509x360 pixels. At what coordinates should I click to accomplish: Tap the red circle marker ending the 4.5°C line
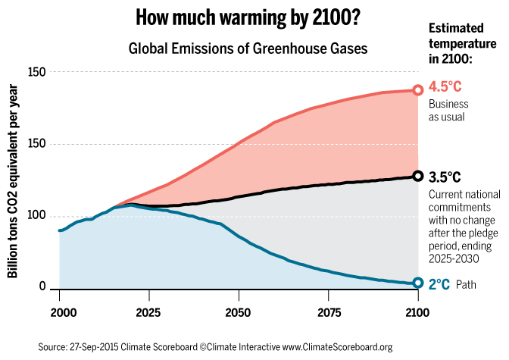coord(417,89)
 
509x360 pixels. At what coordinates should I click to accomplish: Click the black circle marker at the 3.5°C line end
coord(417,176)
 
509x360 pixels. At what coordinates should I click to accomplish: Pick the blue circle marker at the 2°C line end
coord(417,283)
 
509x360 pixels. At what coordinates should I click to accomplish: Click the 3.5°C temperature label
coord(445,177)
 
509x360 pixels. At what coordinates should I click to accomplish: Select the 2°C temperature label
coord(440,285)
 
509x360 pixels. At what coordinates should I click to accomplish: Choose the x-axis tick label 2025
coord(148,311)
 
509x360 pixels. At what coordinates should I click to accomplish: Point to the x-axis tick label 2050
coord(238,311)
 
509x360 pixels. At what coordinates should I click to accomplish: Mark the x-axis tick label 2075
coord(328,311)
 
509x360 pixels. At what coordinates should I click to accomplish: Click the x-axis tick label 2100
coord(417,311)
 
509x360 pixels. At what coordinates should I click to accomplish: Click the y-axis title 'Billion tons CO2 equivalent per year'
coord(14,182)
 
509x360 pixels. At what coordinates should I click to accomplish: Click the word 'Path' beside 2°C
coord(467,286)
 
